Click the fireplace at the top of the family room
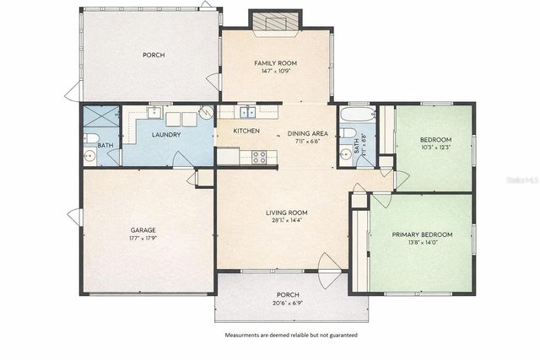pos(275,22)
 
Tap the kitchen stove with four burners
pos(259,156)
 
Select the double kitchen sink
pos(246,112)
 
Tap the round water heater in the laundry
pos(206,112)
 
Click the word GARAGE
pos(143,229)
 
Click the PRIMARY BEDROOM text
pos(422,234)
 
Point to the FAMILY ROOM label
pos(275,63)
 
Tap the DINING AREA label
pos(307,133)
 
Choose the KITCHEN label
pos(246,132)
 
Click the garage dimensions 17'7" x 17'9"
pos(143,238)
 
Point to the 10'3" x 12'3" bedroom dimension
pos(435,148)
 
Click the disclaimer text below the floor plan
pos(290,335)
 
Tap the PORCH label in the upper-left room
pos(153,56)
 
